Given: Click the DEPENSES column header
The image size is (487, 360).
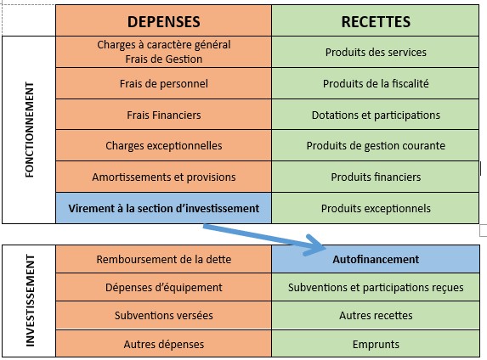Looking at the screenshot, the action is (x=164, y=20).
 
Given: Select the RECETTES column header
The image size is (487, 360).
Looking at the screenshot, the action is (x=376, y=20).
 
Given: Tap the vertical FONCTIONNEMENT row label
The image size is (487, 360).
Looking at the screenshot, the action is (x=30, y=130).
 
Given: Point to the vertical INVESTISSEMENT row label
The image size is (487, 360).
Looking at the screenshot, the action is (x=30, y=301).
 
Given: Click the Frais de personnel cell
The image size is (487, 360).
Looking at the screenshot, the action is (x=164, y=83).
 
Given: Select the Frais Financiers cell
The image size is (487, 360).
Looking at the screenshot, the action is (x=164, y=115).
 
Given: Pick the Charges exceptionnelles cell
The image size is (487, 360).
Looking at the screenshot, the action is (x=164, y=145).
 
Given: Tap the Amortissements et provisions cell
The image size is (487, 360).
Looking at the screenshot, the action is (x=164, y=177).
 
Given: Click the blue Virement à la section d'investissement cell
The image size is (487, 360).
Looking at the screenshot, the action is (x=164, y=208).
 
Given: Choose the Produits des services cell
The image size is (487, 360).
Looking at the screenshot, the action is (x=376, y=52).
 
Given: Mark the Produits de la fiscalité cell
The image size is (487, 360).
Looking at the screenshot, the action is (x=376, y=83).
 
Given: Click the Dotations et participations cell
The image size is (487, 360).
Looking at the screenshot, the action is (x=376, y=115).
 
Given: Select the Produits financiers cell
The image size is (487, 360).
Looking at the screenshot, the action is (x=376, y=177).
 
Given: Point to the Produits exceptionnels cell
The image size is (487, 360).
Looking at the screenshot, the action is (x=376, y=208).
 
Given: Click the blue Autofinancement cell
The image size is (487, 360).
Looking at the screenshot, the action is (x=376, y=259).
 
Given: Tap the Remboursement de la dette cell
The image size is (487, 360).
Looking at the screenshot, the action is (x=164, y=259).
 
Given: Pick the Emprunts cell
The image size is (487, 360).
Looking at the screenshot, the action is (x=376, y=344).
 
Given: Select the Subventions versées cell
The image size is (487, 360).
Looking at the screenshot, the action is (x=164, y=315).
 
